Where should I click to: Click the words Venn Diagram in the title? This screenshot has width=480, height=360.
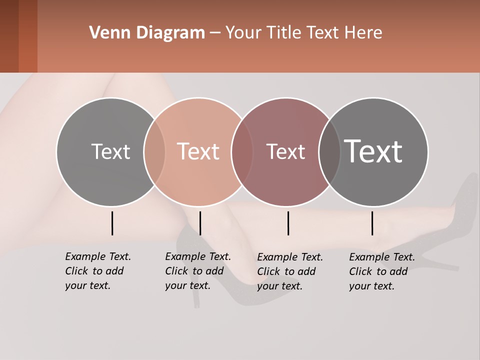[147, 33]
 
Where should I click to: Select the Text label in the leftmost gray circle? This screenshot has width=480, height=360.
[110, 151]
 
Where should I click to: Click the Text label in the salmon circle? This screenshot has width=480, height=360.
[198, 151]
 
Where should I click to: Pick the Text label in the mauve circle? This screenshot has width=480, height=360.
[285, 151]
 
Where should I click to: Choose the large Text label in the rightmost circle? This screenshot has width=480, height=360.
[373, 151]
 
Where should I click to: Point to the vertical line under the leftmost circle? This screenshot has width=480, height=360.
[112, 223]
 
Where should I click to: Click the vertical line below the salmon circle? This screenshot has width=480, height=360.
[200, 223]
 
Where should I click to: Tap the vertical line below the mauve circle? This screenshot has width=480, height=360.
[288, 223]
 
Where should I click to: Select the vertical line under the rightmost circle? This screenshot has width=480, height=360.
[372, 223]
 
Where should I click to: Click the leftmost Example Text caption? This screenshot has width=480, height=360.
[97, 271]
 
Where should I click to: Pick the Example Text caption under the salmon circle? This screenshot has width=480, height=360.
[197, 271]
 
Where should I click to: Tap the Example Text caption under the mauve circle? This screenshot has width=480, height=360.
[289, 271]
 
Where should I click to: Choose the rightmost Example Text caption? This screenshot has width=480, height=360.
[381, 271]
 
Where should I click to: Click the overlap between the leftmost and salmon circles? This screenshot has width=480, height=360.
[154, 151]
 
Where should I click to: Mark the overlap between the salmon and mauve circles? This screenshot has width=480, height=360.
[242, 151]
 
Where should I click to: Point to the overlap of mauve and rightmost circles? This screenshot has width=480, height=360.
[329, 151]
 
